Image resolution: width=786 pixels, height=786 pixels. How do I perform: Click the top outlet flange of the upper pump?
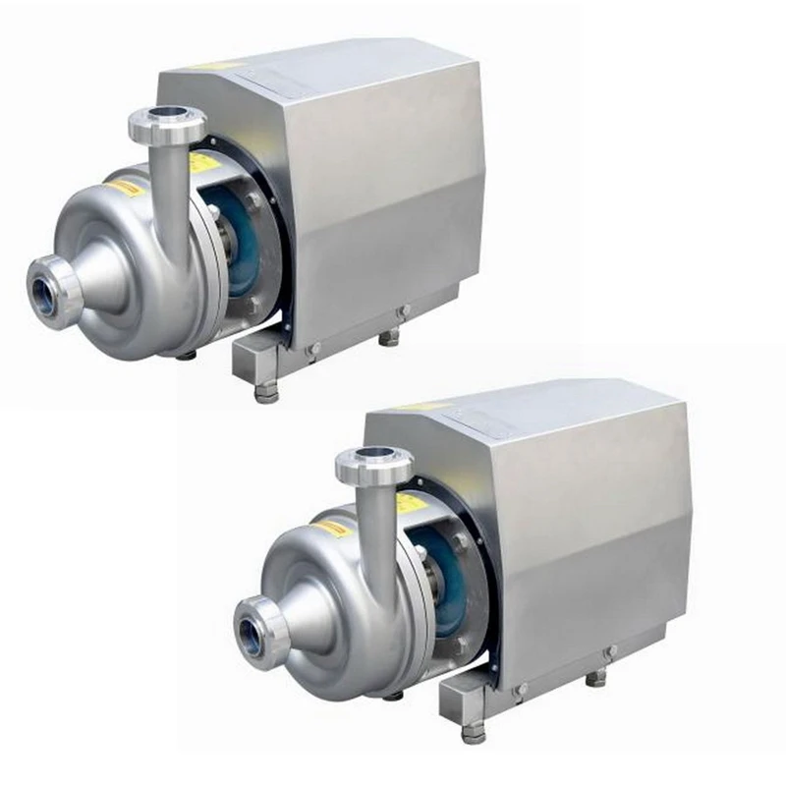(x=166, y=126)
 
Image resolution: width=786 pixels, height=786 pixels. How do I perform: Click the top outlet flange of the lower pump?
(x=373, y=465)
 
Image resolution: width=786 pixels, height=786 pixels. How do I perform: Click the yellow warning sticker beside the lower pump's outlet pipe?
(x=411, y=504)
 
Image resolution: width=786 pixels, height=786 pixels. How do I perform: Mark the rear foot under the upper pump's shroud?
(x=390, y=337)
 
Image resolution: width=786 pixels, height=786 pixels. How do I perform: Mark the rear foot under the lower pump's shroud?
(x=596, y=677)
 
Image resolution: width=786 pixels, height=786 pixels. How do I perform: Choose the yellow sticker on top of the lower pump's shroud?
(x=424, y=406)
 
